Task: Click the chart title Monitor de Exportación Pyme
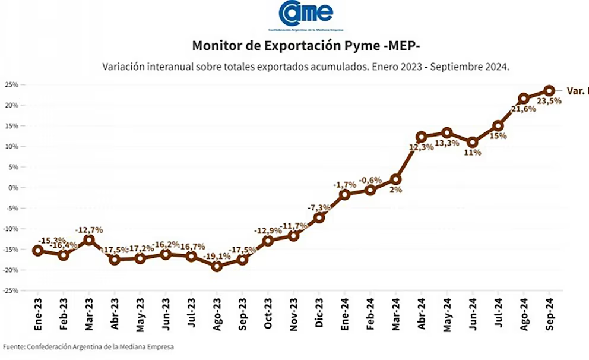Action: point(306,46)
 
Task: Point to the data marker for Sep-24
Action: point(549,91)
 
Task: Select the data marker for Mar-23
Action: point(88,240)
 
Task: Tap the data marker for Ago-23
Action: point(217,266)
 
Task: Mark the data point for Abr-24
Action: point(422,137)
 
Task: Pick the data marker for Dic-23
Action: point(319,217)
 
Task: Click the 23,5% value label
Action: point(549,101)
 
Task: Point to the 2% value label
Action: point(396,190)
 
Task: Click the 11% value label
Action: point(473,152)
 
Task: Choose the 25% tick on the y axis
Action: point(11,84)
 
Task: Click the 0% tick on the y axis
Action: point(13,188)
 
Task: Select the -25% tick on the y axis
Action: point(11,290)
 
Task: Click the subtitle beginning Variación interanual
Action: point(306,67)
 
